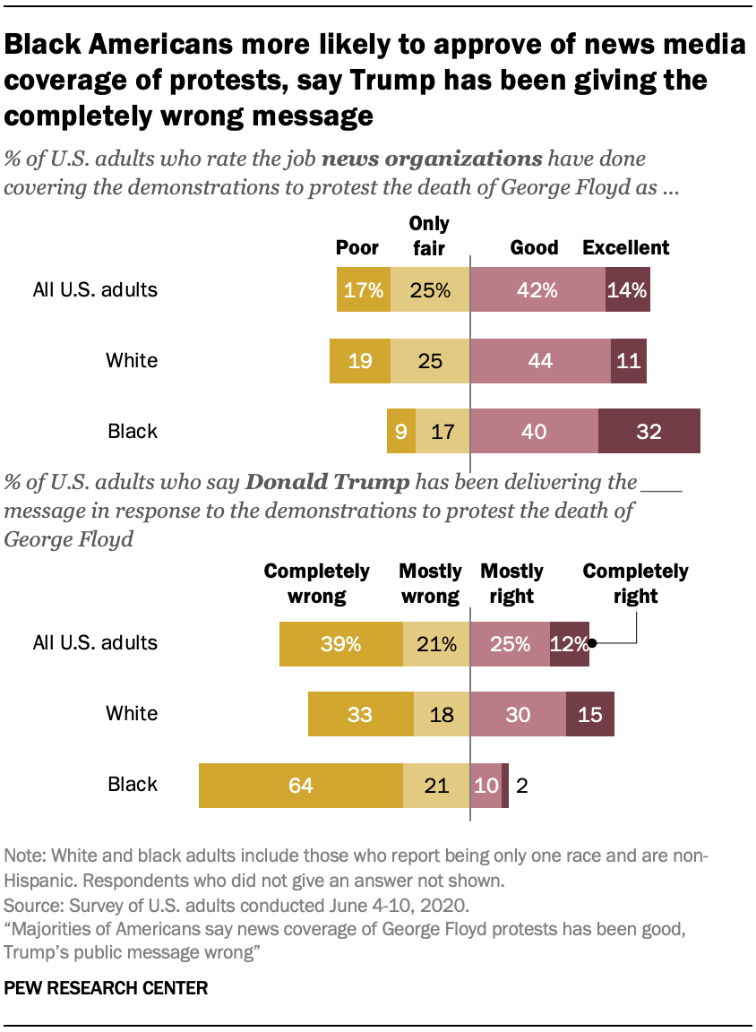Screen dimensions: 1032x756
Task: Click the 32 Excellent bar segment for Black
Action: (x=649, y=432)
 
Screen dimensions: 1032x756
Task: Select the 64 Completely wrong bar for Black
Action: (x=301, y=785)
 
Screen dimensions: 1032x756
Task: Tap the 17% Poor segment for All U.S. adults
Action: (x=364, y=290)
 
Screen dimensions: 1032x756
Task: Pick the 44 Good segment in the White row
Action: (x=540, y=361)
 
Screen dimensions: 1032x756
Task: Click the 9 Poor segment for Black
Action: (x=399, y=432)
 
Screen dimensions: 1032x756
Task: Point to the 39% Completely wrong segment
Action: (x=340, y=643)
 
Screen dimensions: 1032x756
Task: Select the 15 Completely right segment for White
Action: (x=590, y=714)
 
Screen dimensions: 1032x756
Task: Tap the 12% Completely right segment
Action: (x=570, y=643)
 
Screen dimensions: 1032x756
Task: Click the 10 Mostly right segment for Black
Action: (x=485, y=785)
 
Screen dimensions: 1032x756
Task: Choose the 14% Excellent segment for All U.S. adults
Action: (x=627, y=290)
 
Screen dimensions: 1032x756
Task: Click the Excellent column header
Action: (x=626, y=247)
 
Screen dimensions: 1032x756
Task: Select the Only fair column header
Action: (x=429, y=236)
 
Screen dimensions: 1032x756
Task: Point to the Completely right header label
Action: (x=636, y=583)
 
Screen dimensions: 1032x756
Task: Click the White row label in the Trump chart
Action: (x=132, y=714)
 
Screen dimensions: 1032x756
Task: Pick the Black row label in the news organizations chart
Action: (x=133, y=432)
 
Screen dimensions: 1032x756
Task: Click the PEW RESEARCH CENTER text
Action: (x=107, y=989)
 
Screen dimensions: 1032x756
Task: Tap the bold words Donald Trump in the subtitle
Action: (x=327, y=482)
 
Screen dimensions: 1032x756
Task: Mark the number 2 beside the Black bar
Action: (x=521, y=785)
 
